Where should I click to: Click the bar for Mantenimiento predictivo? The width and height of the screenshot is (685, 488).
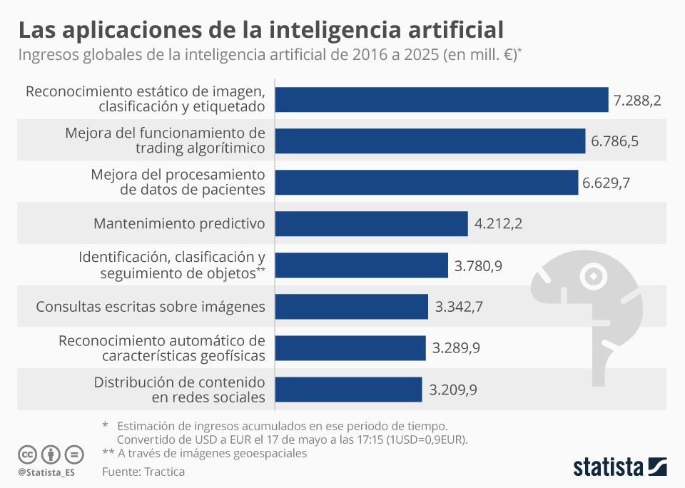pyautogui.click(x=371, y=223)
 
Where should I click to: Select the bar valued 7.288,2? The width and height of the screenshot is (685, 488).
pyautogui.click(x=441, y=100)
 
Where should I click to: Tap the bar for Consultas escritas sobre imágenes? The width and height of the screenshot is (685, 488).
pyautogui.click(x=351, y=307)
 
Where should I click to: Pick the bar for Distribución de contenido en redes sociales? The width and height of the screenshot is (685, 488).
pyautogui.click(x=348, y=390)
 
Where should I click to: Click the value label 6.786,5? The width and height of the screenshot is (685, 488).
pyautogui.click(x=614, y=141)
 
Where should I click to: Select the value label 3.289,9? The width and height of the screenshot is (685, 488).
pyautogui.click(x=456, y=348)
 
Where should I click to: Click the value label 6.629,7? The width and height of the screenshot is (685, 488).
pyautogui.click(x=606, y=183)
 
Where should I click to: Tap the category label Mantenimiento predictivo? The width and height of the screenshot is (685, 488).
pyautogui.click(x=179, y=224)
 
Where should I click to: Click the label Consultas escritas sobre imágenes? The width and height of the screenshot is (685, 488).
pyautogui.click(x=151, y=307)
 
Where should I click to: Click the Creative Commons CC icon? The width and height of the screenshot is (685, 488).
pyautogui.click(x=27, y=454)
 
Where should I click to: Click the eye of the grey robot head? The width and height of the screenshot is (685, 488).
pyautogui.click(x=592, y=275)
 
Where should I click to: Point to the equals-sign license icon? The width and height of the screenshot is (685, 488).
pyautogui.click(x=74, y=454)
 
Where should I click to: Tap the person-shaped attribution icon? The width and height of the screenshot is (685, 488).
pyautogui.click(x=51, y=454)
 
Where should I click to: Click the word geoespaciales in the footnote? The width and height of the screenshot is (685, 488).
pyautogui.click(x=270, y=453)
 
